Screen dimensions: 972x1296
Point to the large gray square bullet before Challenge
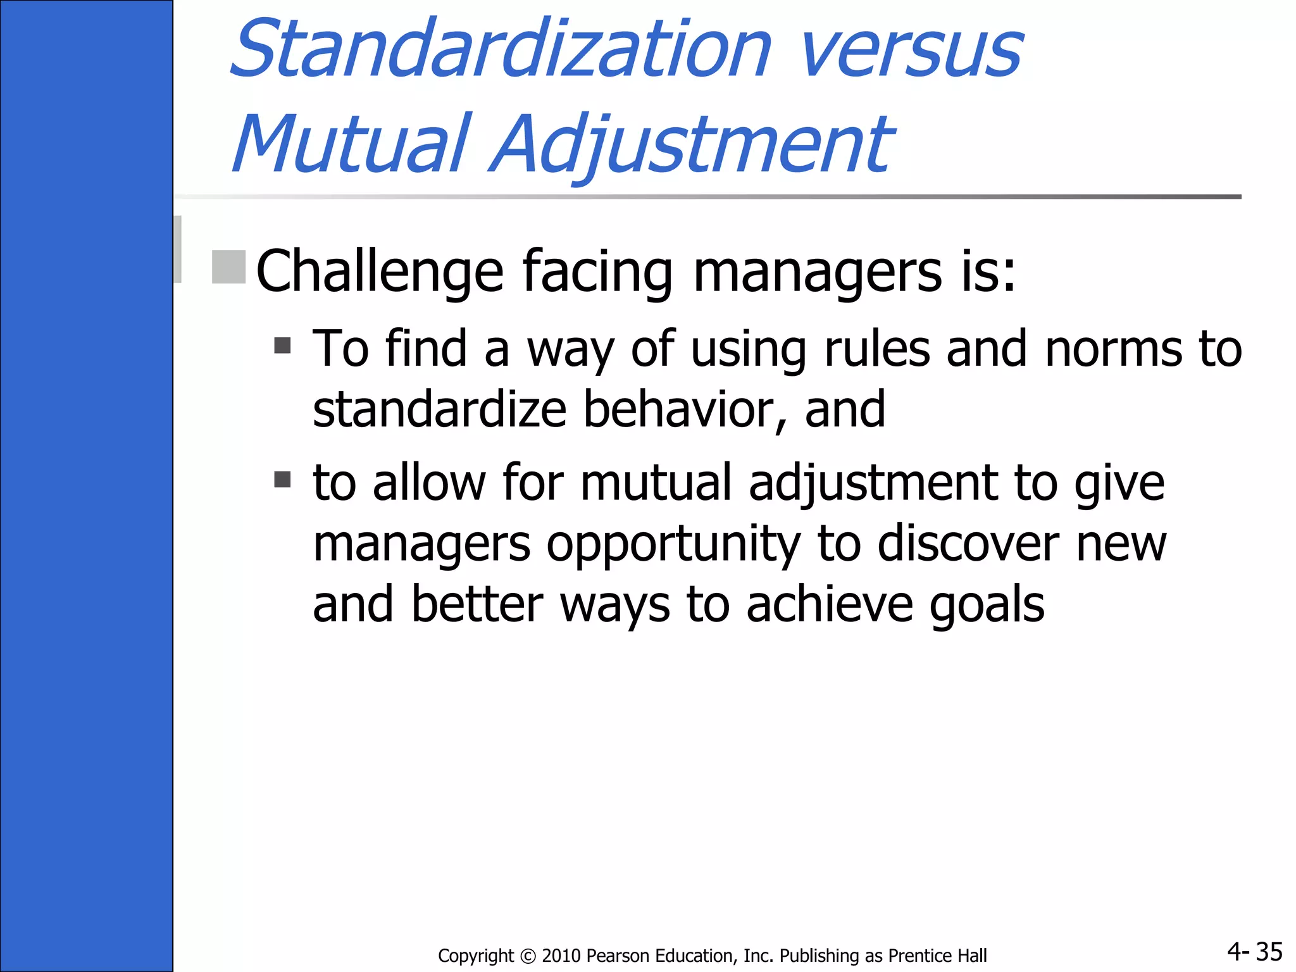(228, 266)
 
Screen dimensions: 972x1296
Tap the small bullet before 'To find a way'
(282, 346)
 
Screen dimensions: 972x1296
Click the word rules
(877, 349)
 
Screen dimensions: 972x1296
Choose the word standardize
(439, 410)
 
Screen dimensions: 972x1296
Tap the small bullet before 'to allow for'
(282, 479)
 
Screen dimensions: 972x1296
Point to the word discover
(968, 544)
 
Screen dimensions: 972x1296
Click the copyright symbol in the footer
(528, 956)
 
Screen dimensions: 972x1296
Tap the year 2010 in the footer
(561, 956)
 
